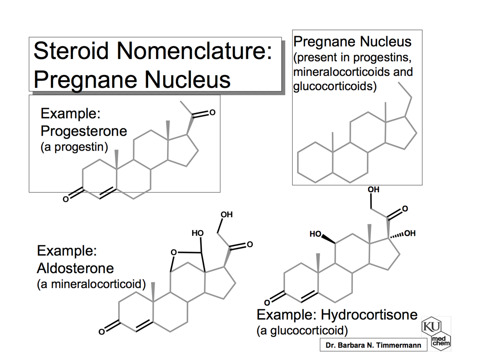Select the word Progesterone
point(84,131)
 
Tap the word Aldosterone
point(75,268)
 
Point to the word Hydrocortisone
point(369,314)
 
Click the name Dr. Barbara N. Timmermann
point(373,345)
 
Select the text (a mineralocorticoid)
point(91,284)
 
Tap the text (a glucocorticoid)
point(302,330)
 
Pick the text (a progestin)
point(74,147)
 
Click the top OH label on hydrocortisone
point(373,189)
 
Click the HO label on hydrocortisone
point(315,234)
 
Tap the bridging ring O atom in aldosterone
point(174,252)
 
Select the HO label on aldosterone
point(197,233)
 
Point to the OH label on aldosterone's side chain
point(226,214)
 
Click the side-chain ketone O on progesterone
point(212,113)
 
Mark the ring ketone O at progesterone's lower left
point(66,199)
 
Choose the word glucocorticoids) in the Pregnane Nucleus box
point(335,86)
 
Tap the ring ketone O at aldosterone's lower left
point(102,332)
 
